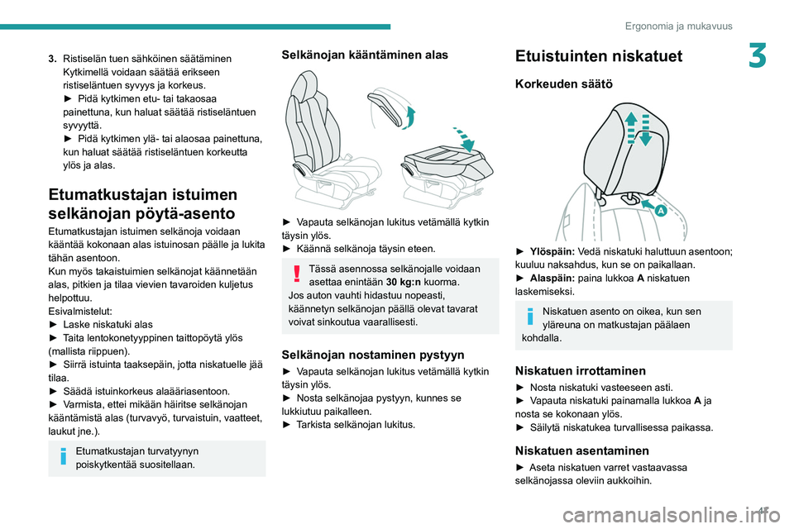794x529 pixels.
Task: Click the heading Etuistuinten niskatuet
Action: point(599,56)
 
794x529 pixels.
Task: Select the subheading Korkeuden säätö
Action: point(563,84)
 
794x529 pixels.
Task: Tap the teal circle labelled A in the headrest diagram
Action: point(662,210)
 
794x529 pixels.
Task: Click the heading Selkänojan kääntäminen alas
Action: point(365,55)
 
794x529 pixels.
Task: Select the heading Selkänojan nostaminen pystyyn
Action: point(373,355)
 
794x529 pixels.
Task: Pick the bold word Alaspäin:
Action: point(552,279)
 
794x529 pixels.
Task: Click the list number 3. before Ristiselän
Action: point(52,59)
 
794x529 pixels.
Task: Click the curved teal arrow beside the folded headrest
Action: point(411,117)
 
